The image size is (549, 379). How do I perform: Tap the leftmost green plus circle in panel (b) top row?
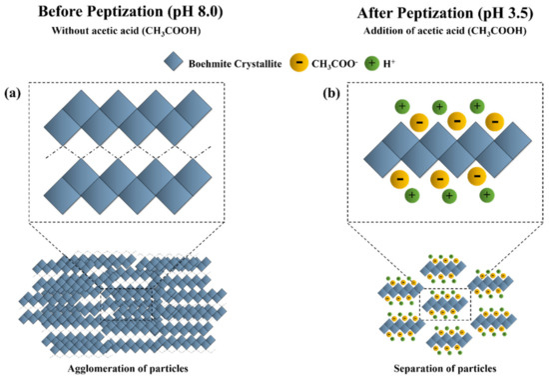[401, 106]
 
